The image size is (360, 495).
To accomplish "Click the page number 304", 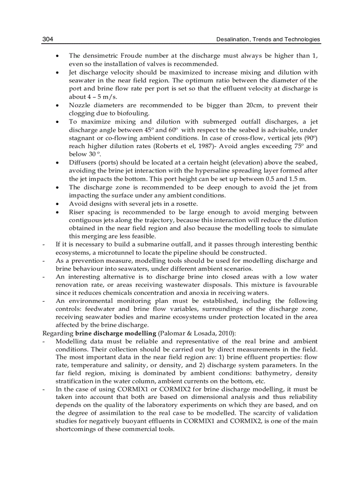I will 48,40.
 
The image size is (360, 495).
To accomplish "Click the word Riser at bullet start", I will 76,212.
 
